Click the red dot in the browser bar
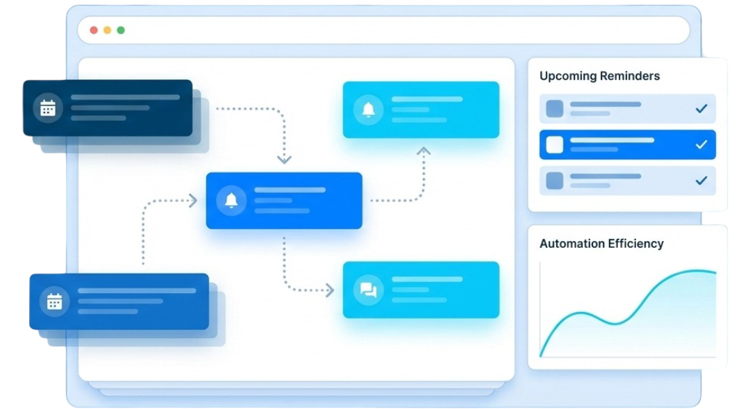click(94, 31)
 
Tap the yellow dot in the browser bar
click(107, 31)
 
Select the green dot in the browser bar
click(121, 31)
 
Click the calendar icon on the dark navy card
click(48, 108)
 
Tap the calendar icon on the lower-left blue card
click(54, 301)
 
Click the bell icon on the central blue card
click(231, 200)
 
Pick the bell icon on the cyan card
click(368, 109)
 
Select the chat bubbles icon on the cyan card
click(368, 290)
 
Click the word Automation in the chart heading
click(571, 244)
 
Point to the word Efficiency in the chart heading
click(635, 244)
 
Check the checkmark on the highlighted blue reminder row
click(701, 144)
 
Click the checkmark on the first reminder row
click(701, 109)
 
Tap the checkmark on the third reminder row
click(701, 181)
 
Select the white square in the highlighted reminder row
click(555, 144)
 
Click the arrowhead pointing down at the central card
click(283, 160)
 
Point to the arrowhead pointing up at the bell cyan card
click(424, 151)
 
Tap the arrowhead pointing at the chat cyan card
click(330, 290)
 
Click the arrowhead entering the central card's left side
click(193, 201)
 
